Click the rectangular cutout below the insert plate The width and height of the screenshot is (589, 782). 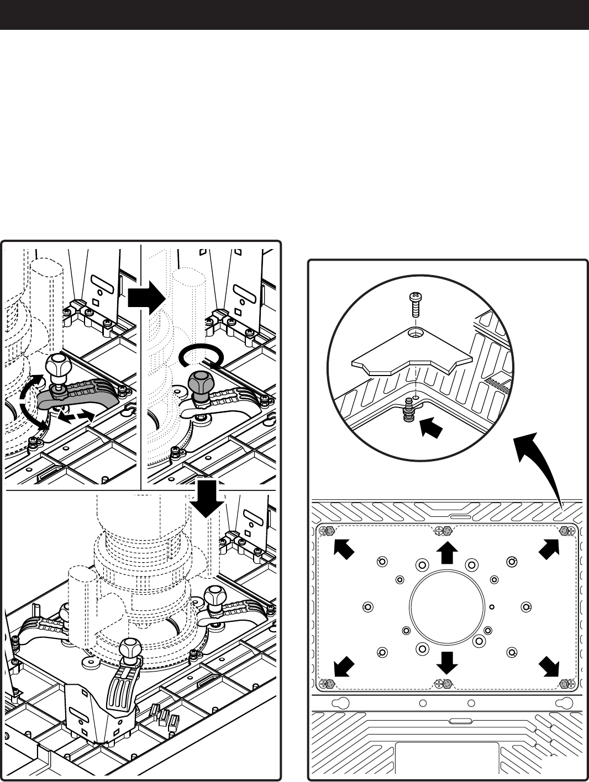(446, 760)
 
